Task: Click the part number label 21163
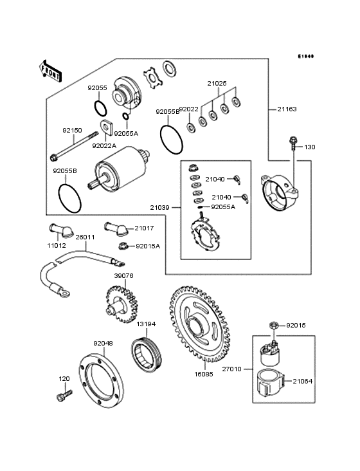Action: (287, 109)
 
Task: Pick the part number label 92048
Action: (104, 343)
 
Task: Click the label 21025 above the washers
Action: (217, 83)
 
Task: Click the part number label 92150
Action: (72, 131)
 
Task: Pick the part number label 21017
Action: (145, 228)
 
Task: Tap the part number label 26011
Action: (85, 237)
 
